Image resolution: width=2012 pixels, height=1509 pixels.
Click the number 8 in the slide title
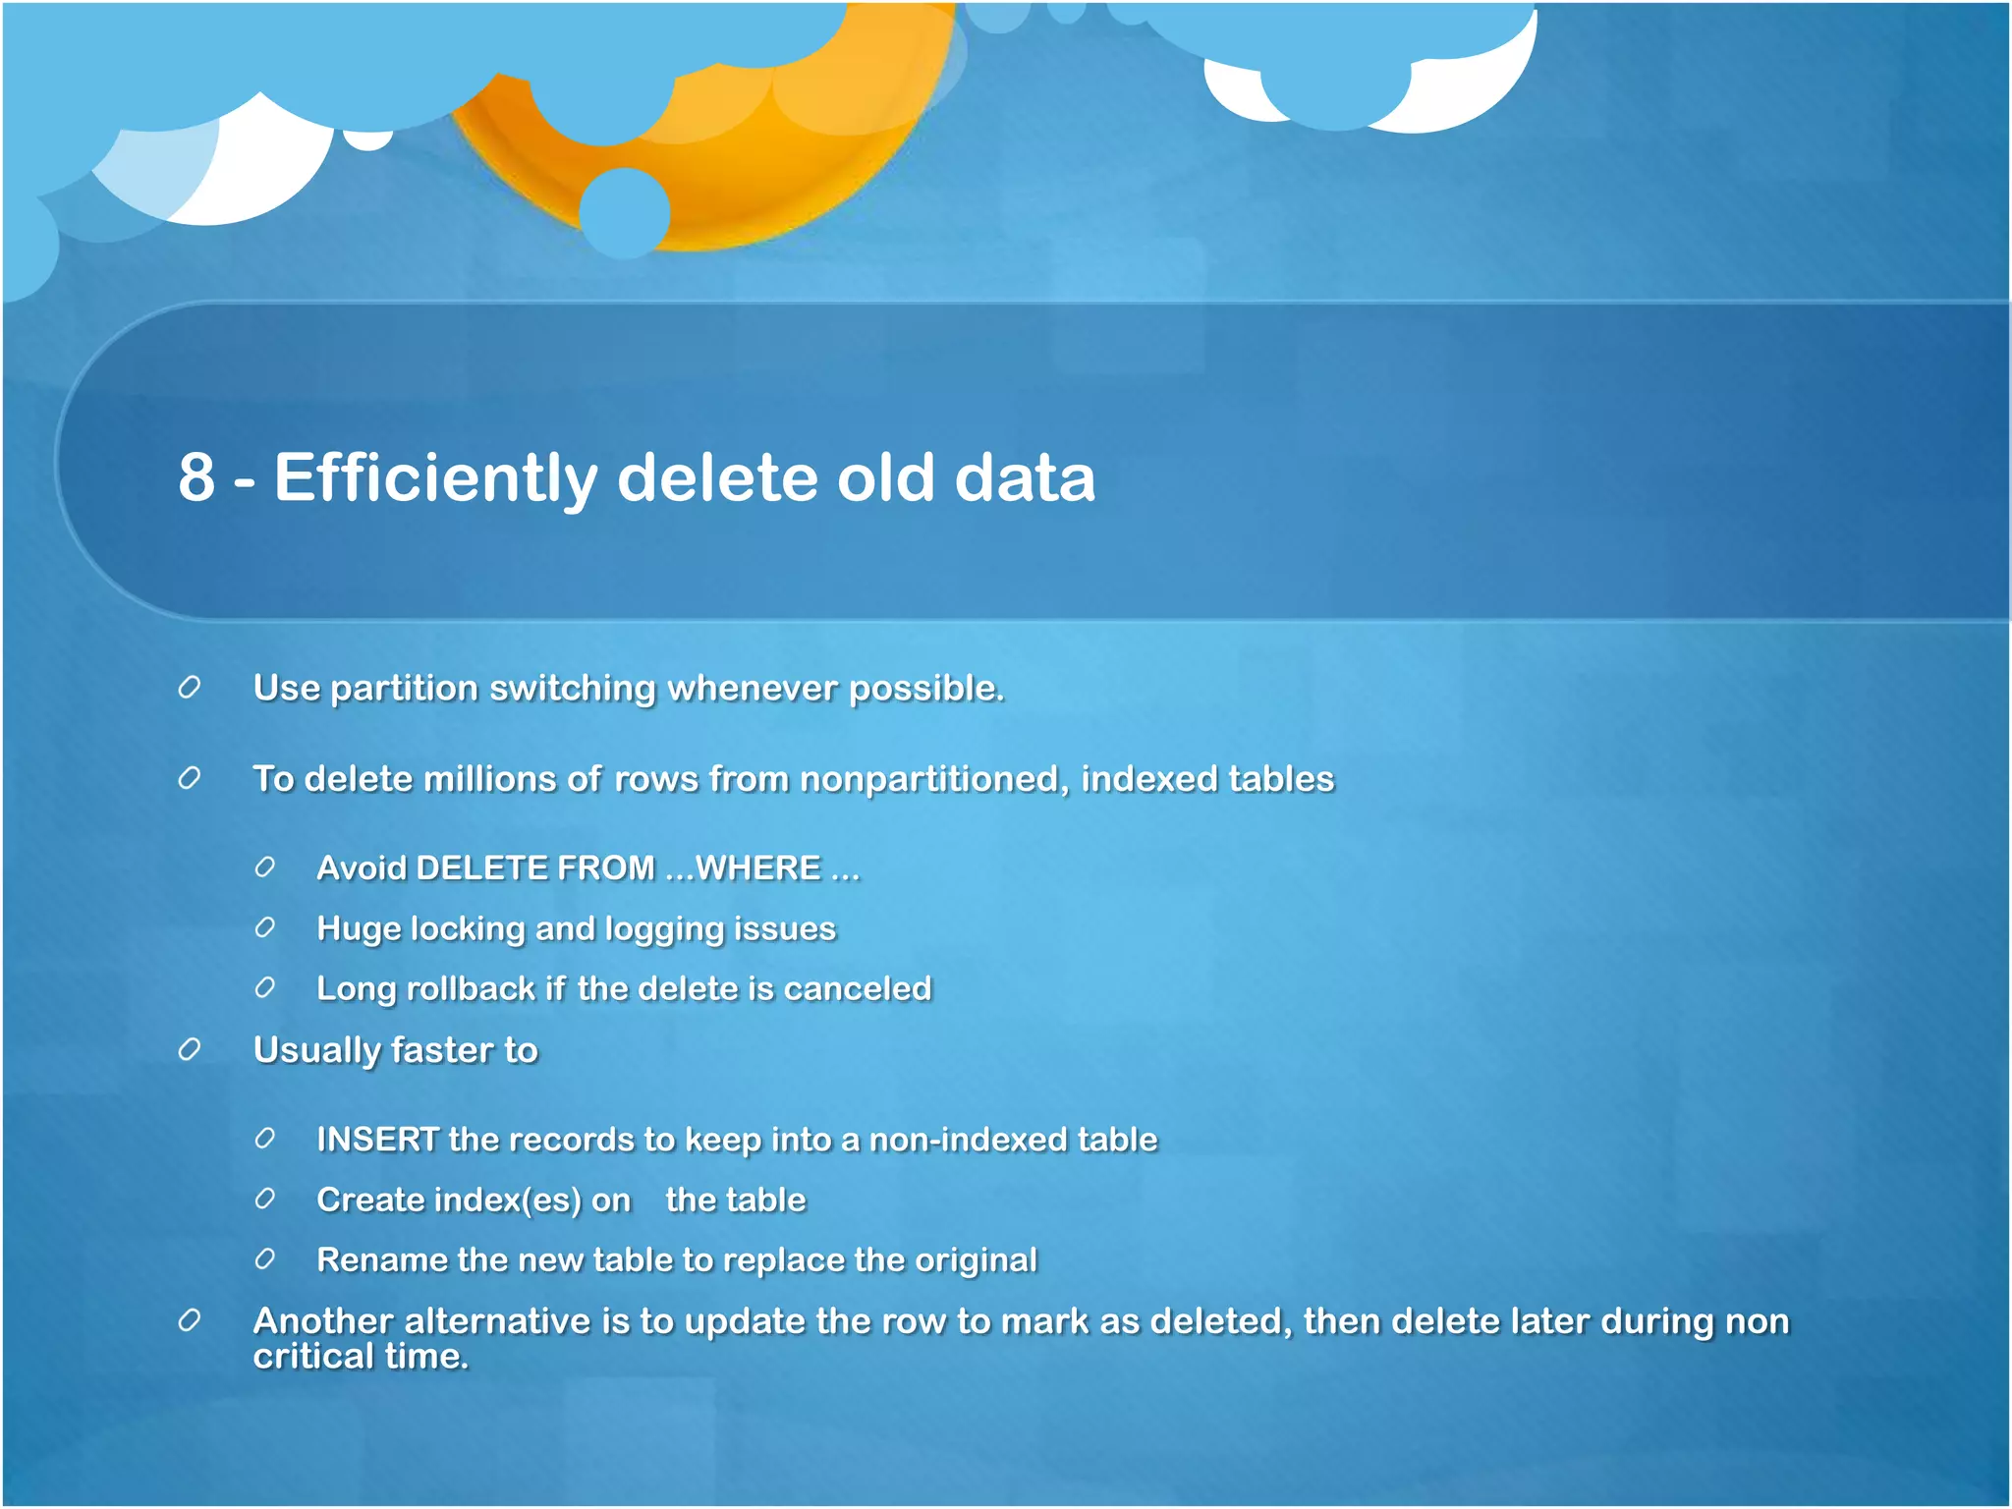point(196,478)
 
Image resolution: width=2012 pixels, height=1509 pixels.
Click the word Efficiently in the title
point(435,478)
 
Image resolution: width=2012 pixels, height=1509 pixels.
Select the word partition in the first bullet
point(404,689)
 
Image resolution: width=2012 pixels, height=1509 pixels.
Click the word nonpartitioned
point(934,779)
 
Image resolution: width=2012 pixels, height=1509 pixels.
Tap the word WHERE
point(757,868)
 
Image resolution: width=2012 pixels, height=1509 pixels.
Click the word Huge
point(359,929)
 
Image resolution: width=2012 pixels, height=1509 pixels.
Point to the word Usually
point(316,1050)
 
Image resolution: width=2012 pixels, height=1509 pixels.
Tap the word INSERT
point(377,1140)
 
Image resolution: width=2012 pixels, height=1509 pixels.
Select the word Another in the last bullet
point(323,1321)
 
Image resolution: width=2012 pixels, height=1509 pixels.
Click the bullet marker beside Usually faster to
point(190,1050)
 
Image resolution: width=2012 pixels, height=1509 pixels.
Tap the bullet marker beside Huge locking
point(264,928)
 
